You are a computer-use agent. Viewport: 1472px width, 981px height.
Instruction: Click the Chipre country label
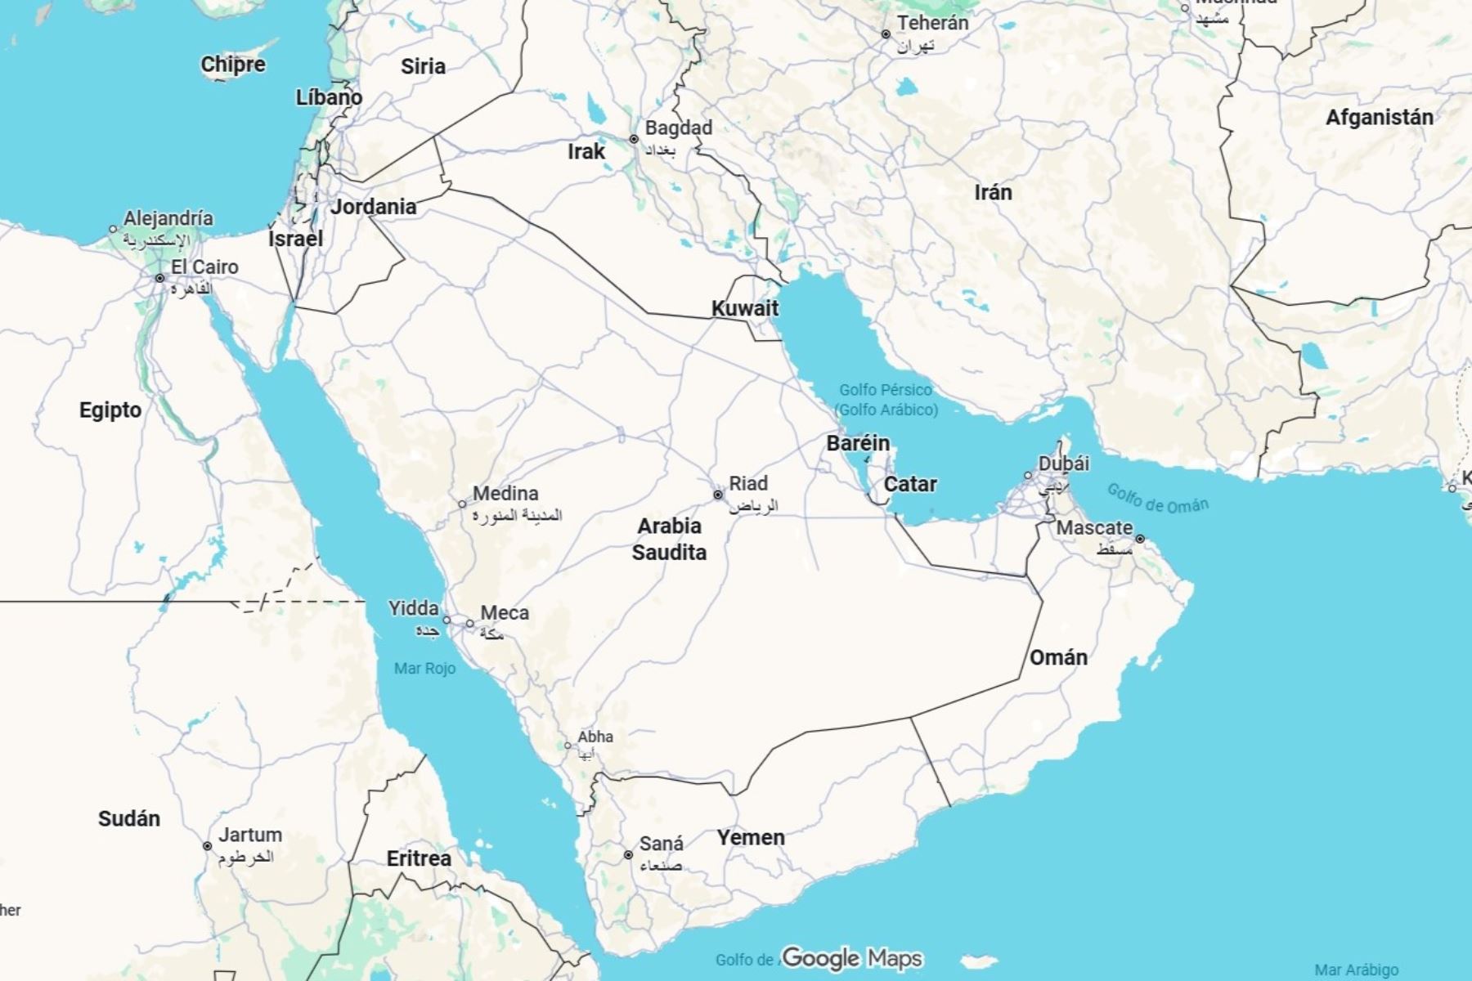click(x=233, y=65)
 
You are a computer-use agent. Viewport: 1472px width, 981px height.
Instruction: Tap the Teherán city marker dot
click(x=886, y=34)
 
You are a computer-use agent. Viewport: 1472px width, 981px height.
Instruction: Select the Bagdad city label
click(x=678, y=128)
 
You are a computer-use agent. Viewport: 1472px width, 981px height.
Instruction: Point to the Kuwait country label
click(x=744, y=308)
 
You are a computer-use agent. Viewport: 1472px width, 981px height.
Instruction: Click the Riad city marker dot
click(x=718, y=495)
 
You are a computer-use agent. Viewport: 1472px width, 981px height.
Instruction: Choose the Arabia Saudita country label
click(x=669, y=539)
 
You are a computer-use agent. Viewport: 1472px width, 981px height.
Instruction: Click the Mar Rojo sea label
click(x=424, y=668)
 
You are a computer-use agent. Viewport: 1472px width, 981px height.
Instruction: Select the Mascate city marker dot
click(x=1140, y=539)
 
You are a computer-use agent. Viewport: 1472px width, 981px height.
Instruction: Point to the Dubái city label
click(x=1063, y=464)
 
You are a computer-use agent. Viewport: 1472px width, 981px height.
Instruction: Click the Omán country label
click(x=1058, y=657)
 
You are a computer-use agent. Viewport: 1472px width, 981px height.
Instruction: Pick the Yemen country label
click(x=751, y=837)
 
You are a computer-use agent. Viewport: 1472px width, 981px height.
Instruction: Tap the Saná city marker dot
click(x=628, y=855)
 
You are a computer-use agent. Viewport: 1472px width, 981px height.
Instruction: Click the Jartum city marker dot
click(x=208, y=846)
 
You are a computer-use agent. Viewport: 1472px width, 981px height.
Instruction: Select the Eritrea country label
click(x=419, y=858)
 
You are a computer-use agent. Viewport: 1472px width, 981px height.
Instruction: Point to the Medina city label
click(x=505, y=494)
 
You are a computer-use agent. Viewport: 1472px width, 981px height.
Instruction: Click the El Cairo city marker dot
click(x=160, y=278)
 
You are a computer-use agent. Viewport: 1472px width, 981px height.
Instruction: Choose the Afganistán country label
click(x=1379, y=118)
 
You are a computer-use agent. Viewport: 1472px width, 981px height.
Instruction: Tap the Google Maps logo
click(x=851, y=957)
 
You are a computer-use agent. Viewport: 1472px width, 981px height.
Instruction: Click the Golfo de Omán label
click(x=1157, y=498)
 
